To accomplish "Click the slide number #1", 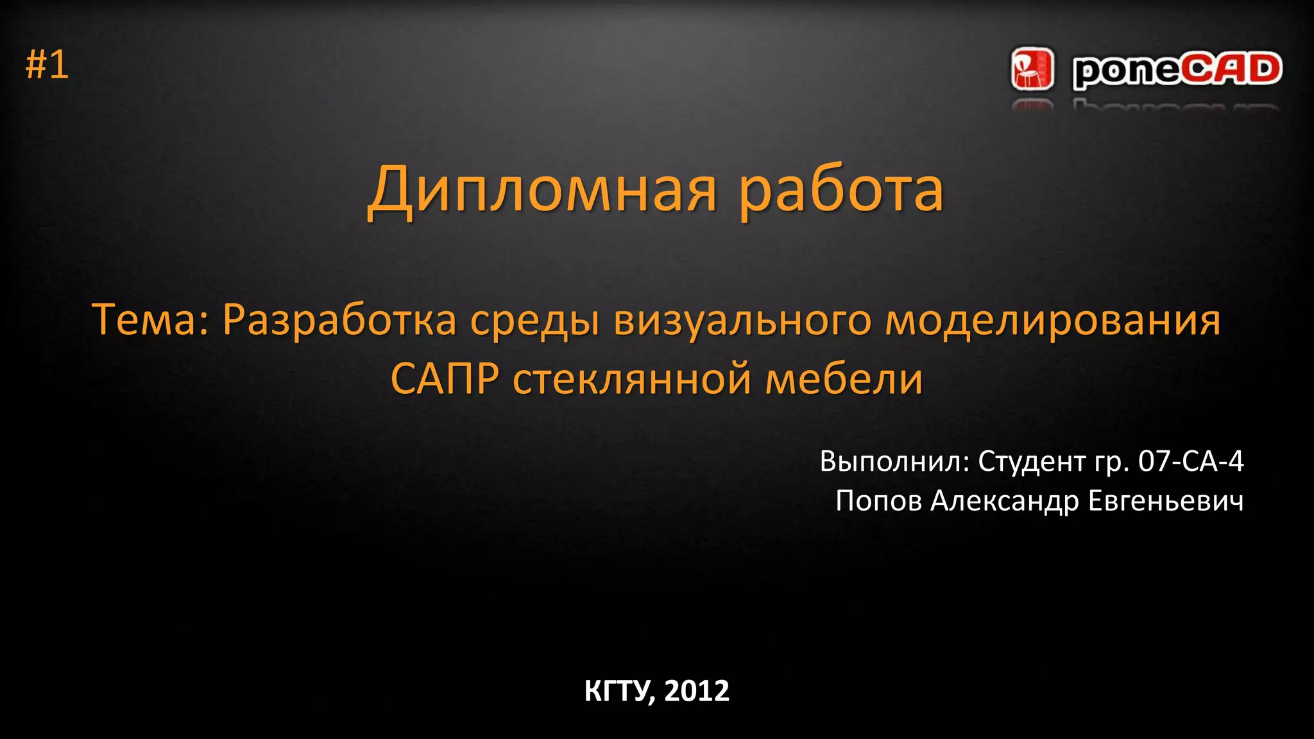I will click(47, 65).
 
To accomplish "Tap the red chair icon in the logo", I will click(1032, 68).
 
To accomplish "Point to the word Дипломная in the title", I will click(542, 190).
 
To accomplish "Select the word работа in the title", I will click(841, 190).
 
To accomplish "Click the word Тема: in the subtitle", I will click(151, 319).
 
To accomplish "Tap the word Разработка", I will click(339, 319).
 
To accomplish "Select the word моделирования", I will click(1052, 319).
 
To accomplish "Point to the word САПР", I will click(444, 378).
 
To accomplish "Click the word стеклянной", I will click(632, 378).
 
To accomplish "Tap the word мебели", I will click(844, 378).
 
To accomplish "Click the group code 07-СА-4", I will click(1191, 461).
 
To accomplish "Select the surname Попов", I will click(878, 501).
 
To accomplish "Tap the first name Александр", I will click(1004, 501).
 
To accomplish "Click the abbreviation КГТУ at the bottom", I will click(620, 691).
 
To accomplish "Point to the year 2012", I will click(697, 691).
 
